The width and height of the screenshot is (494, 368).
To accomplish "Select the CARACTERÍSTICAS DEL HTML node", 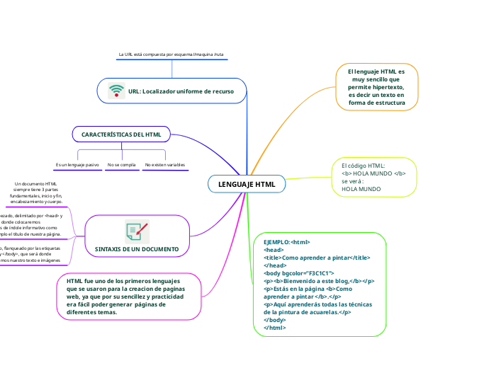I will pos(121,134).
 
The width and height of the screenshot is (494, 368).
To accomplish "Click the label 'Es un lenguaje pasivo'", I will pos(77,165).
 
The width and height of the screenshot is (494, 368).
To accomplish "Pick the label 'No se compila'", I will pos(121,165).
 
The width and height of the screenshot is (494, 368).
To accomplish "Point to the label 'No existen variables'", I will pos(164,165).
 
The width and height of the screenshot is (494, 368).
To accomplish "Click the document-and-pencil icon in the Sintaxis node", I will pos(137,231).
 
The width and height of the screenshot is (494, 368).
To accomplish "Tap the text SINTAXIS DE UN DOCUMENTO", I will pos(137,250).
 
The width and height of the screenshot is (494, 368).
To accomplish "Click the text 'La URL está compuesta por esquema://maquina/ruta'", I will pos(172,54).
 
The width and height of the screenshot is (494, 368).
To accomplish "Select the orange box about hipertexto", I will pos(376,88).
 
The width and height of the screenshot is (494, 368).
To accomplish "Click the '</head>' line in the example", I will pos(274,265).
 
